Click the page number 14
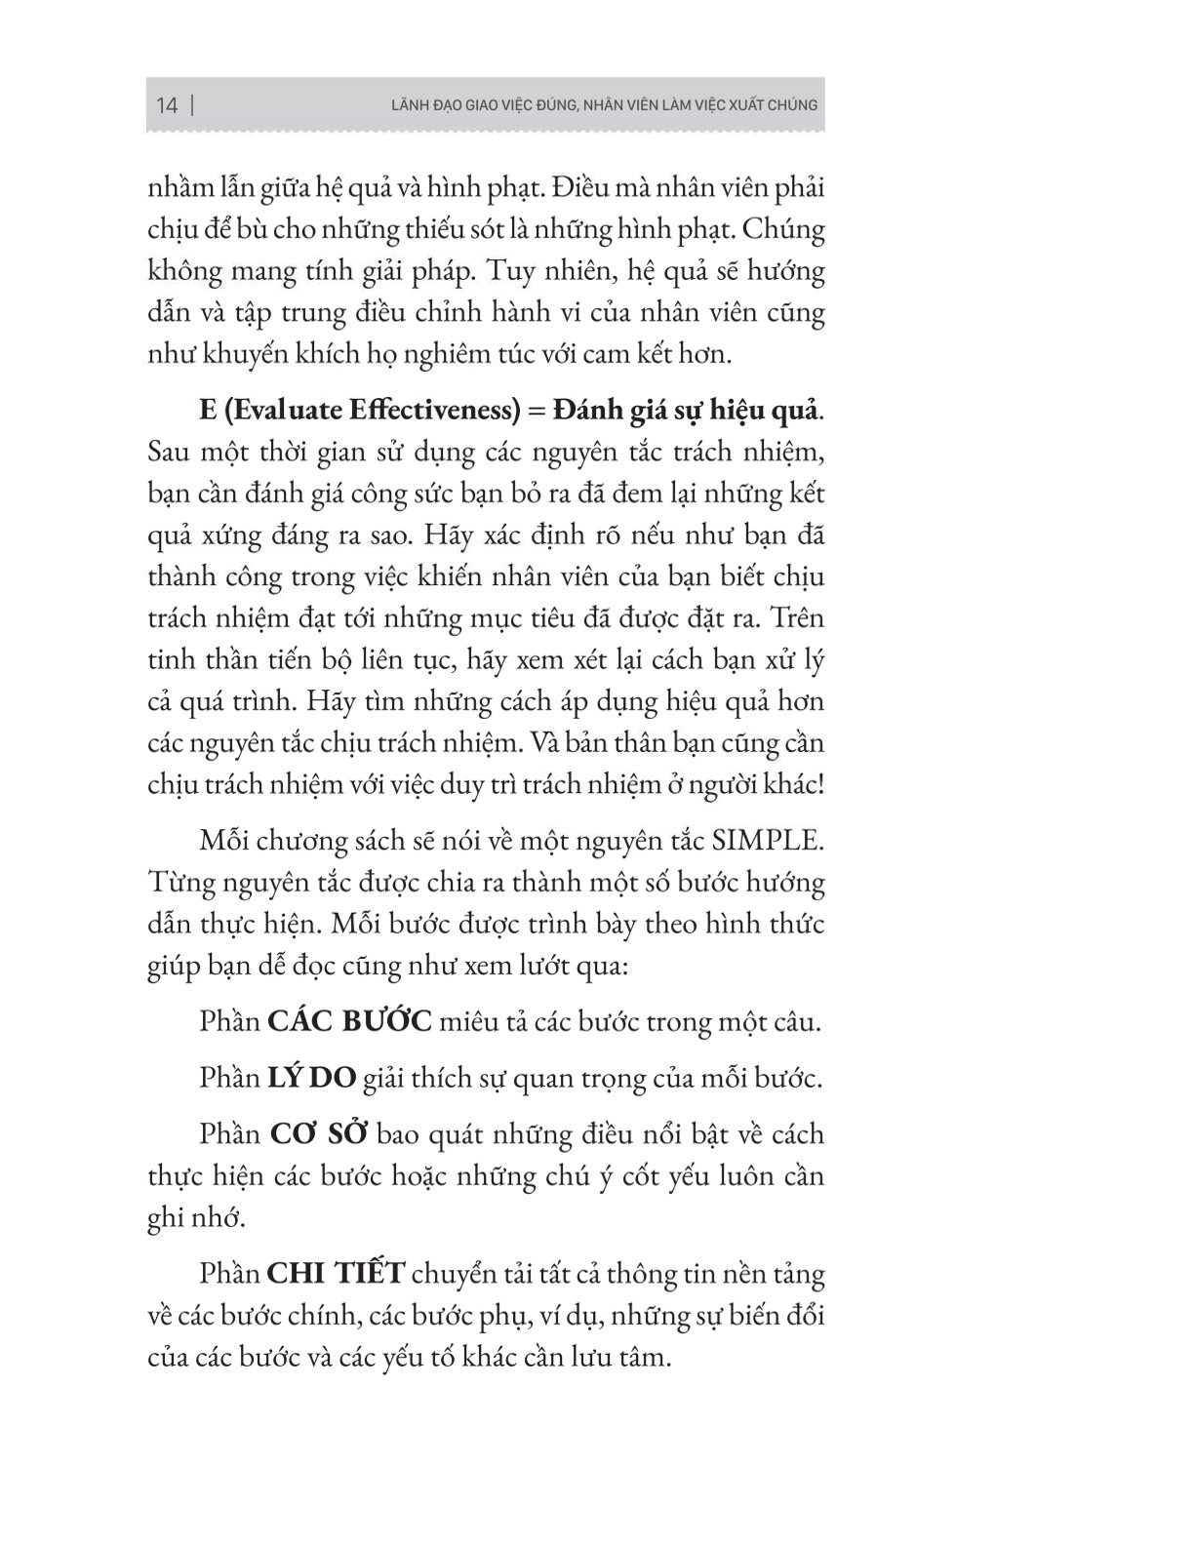[x=167, y=105]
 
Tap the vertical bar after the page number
[x=191, y=105]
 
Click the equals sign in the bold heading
[x=533, y=412]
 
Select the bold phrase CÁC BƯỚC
[x=350, y=1022]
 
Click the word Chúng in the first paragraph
[x=785, y=231]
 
